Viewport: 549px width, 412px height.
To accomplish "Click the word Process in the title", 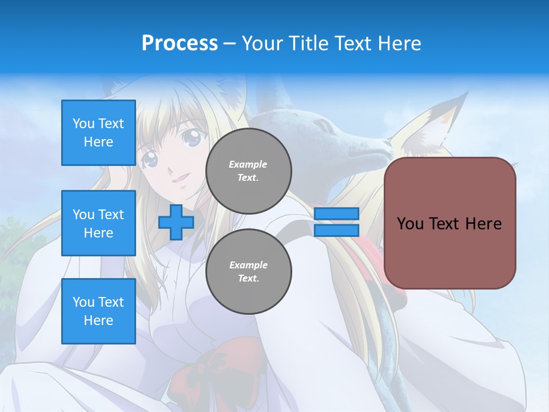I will (x=180, y=43).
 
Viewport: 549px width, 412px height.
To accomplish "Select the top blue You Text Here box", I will (x=98, y=133).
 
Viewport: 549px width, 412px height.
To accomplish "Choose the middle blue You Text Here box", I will (x=98, y=223).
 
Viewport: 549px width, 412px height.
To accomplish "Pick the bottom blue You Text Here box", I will (x=98, y=311).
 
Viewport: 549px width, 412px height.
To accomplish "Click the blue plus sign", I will (x=176, y=222).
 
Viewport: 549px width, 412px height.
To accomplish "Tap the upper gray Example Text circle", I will (x=249, y=171).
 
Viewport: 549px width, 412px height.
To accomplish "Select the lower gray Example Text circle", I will (x=249, y=271).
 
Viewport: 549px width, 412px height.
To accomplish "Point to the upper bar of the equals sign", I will (x=336, y=214).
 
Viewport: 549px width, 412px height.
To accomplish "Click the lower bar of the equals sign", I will (x=336, y=230).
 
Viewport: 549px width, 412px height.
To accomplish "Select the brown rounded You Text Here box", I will (x=449, y=223).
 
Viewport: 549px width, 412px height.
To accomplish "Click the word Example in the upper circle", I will (x=248, y=164).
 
